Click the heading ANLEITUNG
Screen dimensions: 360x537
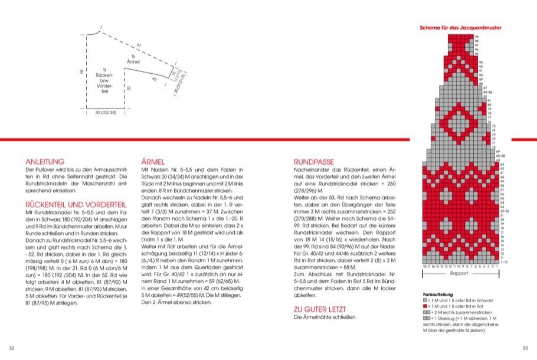[x=44, y=161]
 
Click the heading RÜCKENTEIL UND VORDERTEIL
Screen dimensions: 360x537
[x=73, y=204]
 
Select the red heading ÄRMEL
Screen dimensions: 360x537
[x=153, y=161]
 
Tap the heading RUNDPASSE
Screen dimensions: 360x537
[x=314, y=161]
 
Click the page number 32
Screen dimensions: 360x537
[x=12, y=347]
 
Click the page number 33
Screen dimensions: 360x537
[x=525, y=347]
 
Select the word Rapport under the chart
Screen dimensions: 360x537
[x=458, y=274]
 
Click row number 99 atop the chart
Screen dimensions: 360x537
[x=477, y=37]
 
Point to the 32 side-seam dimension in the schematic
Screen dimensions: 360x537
[x=128, y=88]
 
